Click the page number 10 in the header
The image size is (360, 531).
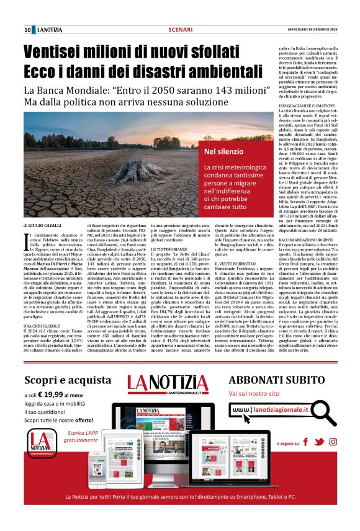coord(28,29)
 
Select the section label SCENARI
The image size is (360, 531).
coord(180,29)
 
